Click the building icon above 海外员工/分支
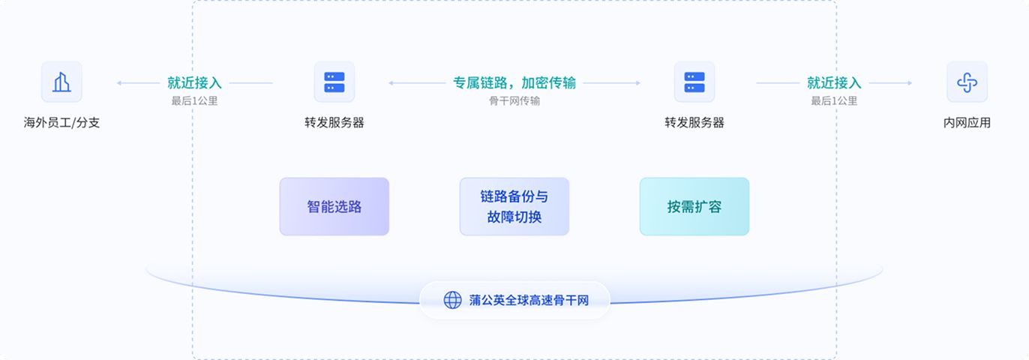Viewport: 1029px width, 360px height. coord(61,82)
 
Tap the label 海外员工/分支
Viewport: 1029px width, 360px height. coord(61,122)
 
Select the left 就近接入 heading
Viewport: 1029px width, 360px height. coord(194,82)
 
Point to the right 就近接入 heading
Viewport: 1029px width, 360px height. coord(834,82)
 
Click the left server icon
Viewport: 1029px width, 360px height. coord(334,82)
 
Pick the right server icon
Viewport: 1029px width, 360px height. coord(694,82)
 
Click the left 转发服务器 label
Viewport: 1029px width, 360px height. coord(334,122)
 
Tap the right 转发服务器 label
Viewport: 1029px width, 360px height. coord(694,122)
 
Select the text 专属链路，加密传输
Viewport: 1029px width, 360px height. coord(514,82)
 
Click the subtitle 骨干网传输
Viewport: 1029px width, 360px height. coord(514,100)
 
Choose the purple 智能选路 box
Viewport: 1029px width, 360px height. coord(334,206)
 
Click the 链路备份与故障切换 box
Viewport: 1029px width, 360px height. coord(514,206)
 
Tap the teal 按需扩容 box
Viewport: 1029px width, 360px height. coord(694,206)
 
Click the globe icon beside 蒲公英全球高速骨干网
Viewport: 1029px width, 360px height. coord(453,300)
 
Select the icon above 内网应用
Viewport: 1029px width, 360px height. coord(967,82)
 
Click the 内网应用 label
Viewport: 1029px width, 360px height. coord(967,122)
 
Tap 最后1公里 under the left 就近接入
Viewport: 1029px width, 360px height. coord(194,100)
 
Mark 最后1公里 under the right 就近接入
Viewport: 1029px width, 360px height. coord(834,100)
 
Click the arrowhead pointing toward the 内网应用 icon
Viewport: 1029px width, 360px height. coord(910,82)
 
